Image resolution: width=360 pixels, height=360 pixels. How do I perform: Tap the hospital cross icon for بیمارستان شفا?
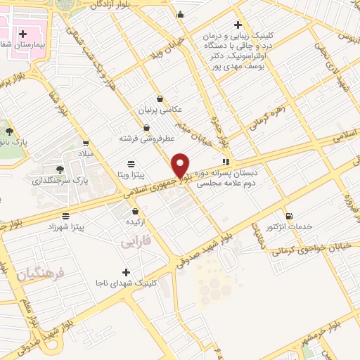(x=23, y=33)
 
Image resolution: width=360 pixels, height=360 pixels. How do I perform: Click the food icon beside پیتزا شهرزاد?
(x=65, y=216)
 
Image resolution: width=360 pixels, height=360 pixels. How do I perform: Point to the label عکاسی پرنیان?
(x=162, y=110)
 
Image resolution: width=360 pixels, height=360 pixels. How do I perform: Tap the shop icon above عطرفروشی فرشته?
(x=146, y=127)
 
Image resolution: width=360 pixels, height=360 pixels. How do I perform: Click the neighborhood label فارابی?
(x=136, y=243)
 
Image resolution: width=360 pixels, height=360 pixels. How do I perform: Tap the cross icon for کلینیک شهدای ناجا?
(x=126, y=271)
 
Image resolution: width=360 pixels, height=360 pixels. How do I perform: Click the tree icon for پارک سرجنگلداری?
(x=60, y=169)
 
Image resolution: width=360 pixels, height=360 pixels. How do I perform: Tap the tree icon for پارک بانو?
(x=9, y=131)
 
